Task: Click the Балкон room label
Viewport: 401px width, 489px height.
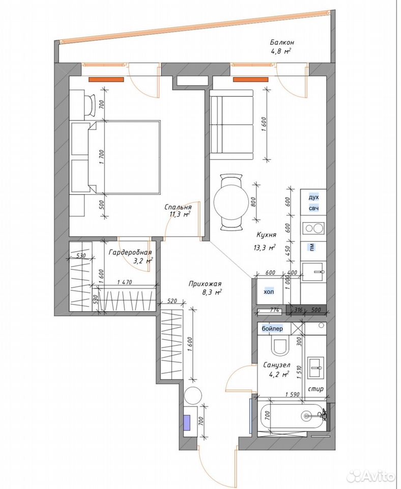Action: [282, 42]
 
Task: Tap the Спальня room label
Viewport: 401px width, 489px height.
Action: [178, 207]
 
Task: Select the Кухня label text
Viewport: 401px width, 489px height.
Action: [266, 234]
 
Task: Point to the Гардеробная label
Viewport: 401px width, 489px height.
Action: [130, 252]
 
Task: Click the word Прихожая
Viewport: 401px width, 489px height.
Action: [205, 284]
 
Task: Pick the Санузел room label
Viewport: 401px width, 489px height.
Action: [277, 365]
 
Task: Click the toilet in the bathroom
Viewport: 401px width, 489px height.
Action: [281, 345]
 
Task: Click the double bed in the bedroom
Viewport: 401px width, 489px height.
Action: [124, 157]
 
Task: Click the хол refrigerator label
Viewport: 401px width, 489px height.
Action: [269, 292]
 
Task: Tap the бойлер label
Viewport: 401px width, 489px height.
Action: [272, 329]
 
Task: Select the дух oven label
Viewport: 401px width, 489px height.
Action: [314, 198]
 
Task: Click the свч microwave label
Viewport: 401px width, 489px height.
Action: [314, 208]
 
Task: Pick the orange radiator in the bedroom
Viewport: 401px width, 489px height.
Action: [106, 79]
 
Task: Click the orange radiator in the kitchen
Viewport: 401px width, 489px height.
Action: [251, 79]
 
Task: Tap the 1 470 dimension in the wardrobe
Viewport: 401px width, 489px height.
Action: [125, 282]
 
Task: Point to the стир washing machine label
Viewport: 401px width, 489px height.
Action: [316, 389]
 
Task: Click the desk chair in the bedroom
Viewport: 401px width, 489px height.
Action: [91, 105]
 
